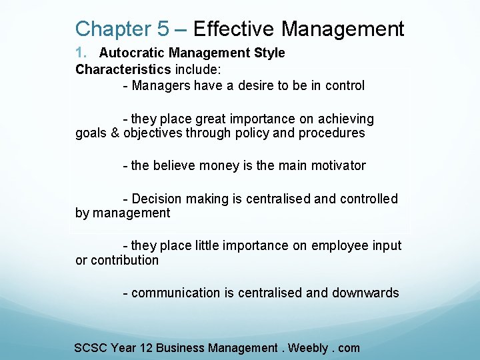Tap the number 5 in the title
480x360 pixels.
163,29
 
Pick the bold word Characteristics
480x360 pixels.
123,69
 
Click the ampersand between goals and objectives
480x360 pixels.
115,133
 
